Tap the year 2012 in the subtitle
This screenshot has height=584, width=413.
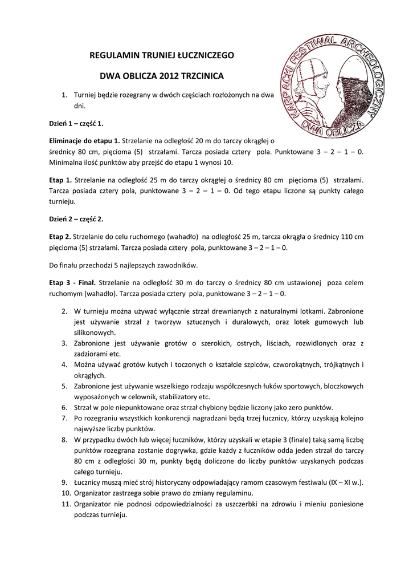click(170, 75)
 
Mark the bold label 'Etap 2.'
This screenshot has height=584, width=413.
click(60, 236)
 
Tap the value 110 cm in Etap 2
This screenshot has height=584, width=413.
click(352, 236)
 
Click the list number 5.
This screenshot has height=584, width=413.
click(64, 386)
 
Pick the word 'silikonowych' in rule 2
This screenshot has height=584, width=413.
click(95, 332)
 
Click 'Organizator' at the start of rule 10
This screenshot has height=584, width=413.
click(94, 493)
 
